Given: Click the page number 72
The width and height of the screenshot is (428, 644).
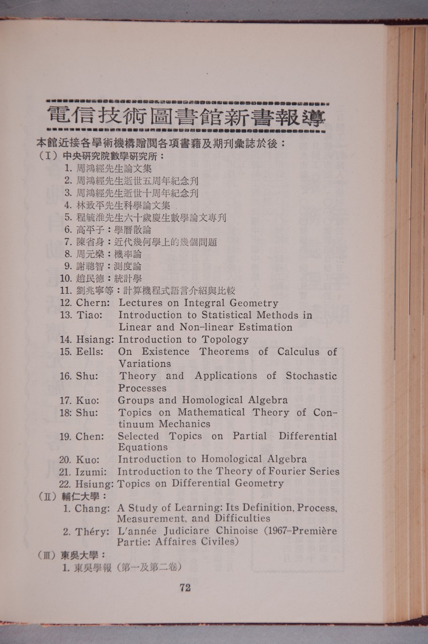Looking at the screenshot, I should coord(185,587).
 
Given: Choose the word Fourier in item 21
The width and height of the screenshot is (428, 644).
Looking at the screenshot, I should coord(281,471).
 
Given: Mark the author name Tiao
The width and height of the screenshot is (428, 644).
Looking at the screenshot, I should coord(89,315).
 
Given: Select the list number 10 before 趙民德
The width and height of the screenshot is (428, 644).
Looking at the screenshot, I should coord(66,278).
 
